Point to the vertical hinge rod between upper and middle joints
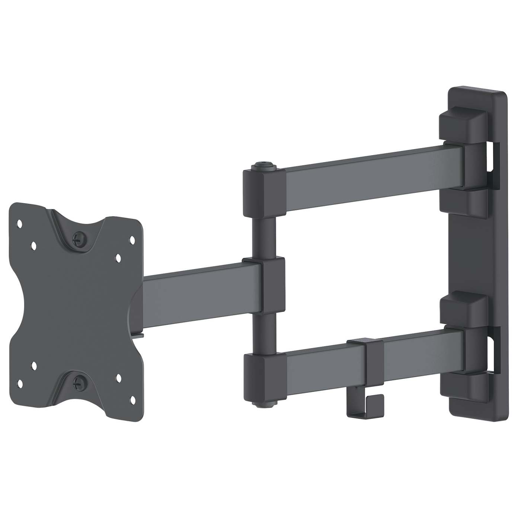pos(264,238)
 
